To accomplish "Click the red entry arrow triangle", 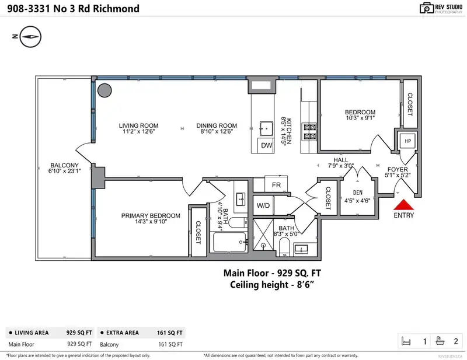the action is (x=403, y=205).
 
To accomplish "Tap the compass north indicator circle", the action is (x=30, y=37).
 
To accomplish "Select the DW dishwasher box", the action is (x=266, y=145).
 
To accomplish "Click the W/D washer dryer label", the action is (x=263, y=205).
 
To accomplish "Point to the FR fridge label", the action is (x=276, y=185).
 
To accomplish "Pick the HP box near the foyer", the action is (x=407, y=141).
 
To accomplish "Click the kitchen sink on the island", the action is (x=266, y=128).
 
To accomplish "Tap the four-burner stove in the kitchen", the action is (x=309, y=132).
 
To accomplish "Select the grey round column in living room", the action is (x=104, y=90).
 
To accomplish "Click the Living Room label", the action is (x=138, y=125).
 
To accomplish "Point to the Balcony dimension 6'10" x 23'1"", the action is (x=65, y=171).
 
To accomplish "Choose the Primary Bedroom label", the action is (x=151, y=215).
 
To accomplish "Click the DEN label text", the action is (x=358, y=193).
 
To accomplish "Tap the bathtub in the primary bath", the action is (x=230, y=242).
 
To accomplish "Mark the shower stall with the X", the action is (x=263, y=235).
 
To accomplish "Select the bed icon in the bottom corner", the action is (x=406, y=341).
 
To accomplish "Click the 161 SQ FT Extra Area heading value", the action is (x=169, y=333).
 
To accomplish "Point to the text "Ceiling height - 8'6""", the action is (x=272, y=285).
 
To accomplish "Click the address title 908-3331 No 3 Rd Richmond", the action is (x=74, y=9).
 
